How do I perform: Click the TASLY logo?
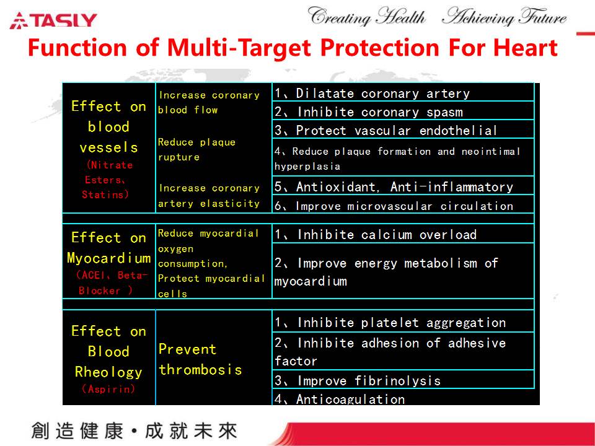pos(53,20)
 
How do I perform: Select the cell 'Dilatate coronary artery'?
pos(403,92)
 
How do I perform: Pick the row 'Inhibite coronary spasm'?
pos(403,111)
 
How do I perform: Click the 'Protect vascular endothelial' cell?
pos(403,129)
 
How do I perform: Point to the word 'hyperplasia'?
pos(307,167)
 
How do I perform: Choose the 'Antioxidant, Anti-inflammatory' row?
pos(403,186)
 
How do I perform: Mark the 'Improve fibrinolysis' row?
pos(403,380)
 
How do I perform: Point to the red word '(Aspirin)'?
pos(108,389)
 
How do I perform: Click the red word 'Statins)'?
pos(105,194)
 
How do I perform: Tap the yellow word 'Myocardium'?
pos(109,258)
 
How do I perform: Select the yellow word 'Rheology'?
pos(108,372)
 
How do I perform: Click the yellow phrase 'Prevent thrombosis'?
pos(200,359)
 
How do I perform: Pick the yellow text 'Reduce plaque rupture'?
pos(196,149)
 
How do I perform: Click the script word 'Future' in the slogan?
pos(543,17)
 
